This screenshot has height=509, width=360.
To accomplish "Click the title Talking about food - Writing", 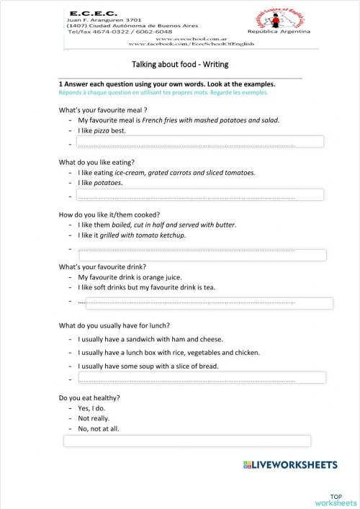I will (x=180, y=64).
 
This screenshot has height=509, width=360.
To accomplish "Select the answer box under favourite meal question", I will (x=201, y=145).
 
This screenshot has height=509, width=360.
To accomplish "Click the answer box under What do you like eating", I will (x=201, y=195).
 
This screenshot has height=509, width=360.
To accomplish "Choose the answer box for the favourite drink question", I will (x=204, y=303).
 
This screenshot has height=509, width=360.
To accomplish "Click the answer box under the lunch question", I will (x=202, y=378).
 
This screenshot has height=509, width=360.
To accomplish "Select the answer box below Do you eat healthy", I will (x=187, y=441).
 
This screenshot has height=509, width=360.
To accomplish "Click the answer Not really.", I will (x=94, y=418).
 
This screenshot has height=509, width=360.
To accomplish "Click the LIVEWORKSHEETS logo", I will (x=291, y=466).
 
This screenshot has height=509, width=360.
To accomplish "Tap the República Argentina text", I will (x=279, y=32).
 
